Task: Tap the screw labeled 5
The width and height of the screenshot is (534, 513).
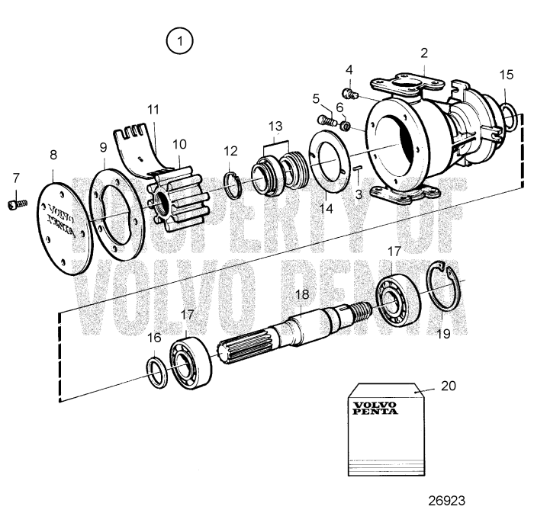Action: coord(326,120)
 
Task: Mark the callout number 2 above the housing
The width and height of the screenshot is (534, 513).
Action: coord(424,53)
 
